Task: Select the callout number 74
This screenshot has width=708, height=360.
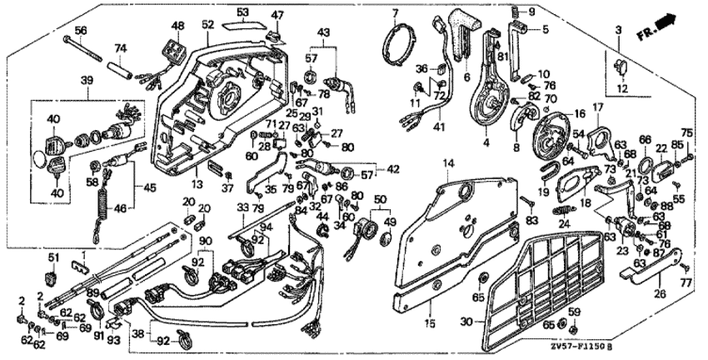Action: [120, 47]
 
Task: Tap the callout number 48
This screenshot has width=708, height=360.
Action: [177, 25]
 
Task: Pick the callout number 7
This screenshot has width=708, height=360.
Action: [396, 12]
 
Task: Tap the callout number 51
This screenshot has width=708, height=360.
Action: [52, 256]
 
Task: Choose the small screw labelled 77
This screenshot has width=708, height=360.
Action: [683, 267]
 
